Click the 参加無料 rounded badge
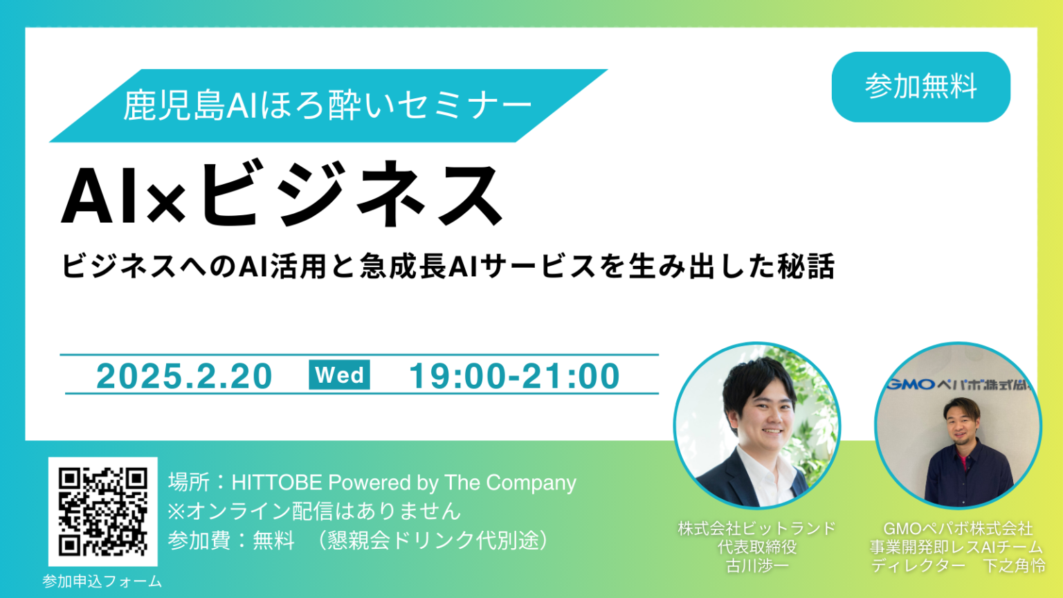920,87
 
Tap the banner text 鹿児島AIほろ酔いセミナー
327,106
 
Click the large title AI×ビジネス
282,195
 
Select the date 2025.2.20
184,376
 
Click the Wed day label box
339,375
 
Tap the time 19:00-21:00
514,376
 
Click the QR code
102,511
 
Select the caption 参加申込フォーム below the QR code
102,581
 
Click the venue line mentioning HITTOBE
372,482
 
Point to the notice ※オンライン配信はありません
314,511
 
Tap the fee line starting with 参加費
358,540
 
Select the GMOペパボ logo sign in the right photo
958,384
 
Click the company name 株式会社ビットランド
757,529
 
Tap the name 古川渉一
757,565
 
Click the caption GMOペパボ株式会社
958,529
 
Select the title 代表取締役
757,547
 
